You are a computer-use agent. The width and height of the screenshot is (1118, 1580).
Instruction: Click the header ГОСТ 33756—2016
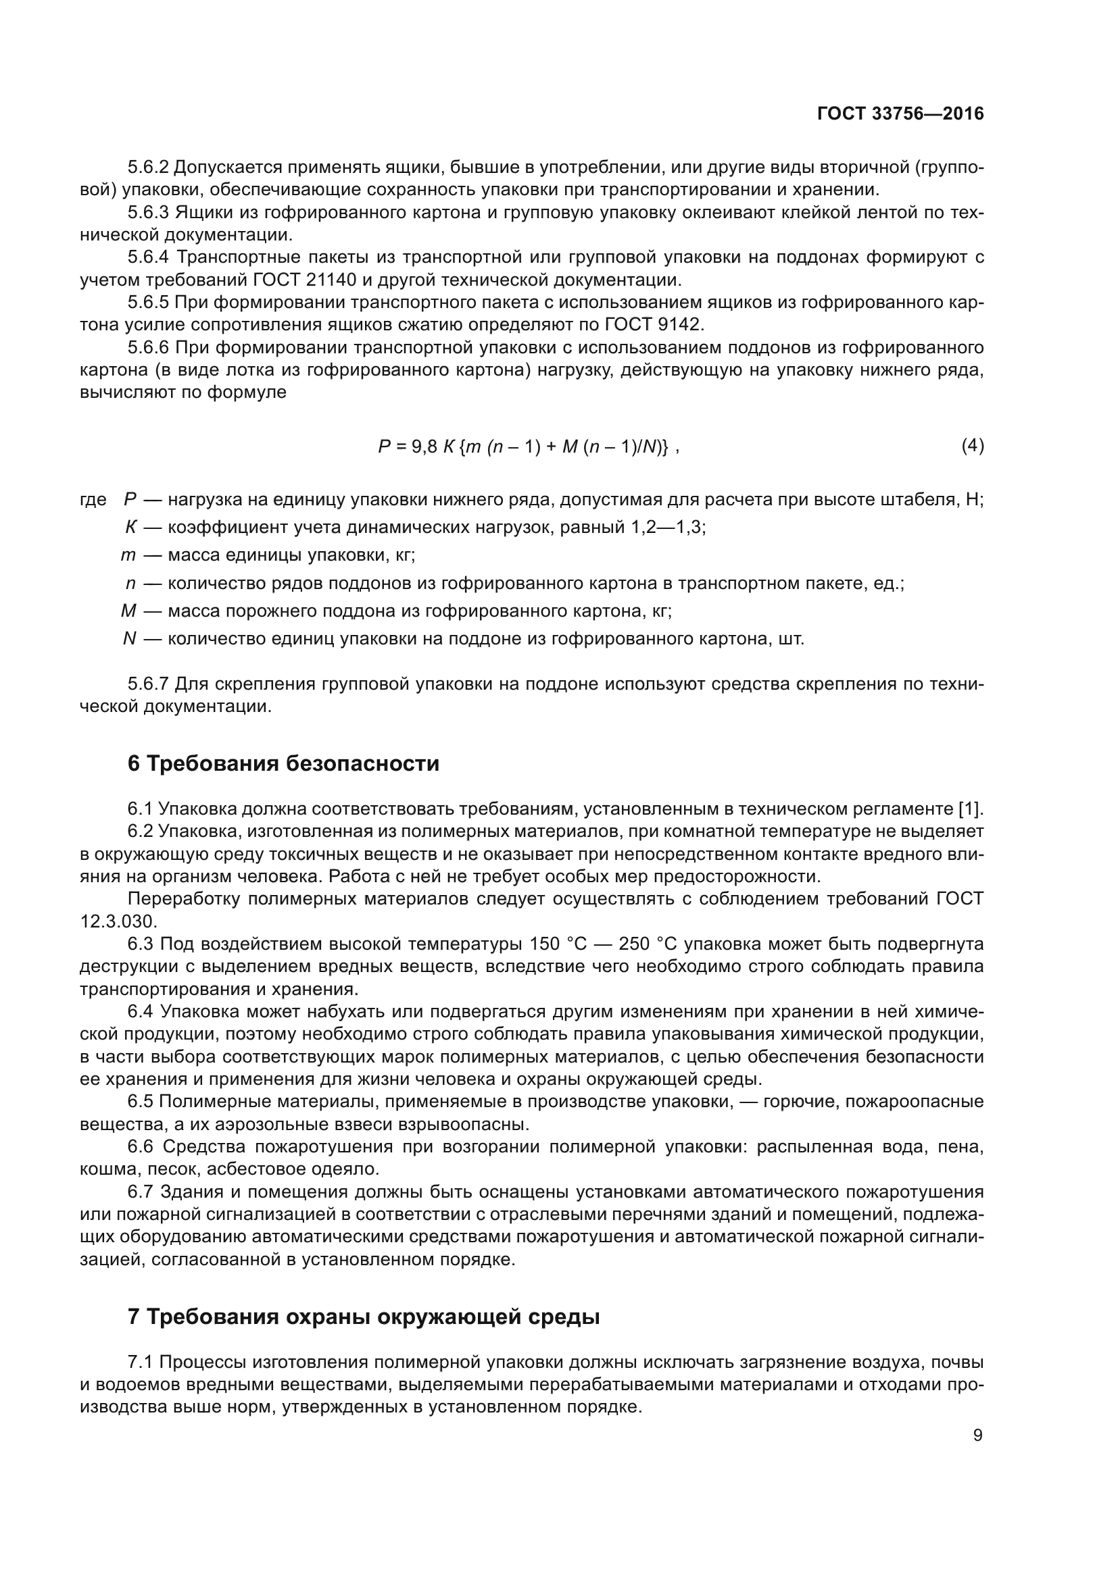[900, 114]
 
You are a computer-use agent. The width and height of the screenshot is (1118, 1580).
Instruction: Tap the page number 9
[977, 1435]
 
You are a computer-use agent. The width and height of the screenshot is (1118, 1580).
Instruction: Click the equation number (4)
[972, 446]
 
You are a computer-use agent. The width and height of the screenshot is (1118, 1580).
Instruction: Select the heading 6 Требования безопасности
[283, 764]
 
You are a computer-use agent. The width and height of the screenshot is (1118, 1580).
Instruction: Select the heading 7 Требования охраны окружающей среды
[364, 1317]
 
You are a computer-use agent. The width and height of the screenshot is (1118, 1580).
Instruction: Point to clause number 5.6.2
[148, 168]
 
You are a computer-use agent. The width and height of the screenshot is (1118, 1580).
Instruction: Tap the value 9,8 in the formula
[424, 447]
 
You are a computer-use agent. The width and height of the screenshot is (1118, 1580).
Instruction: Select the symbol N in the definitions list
[129, 639]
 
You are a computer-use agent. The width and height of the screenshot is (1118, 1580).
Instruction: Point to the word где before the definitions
[93, 500]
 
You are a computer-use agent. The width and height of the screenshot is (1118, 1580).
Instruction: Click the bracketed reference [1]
[971, 809]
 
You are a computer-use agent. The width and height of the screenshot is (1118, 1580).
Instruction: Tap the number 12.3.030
[118, 921]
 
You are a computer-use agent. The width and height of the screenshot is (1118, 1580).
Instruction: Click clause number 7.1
[141, 1362]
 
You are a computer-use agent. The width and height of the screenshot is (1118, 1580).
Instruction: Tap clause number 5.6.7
[148, 684]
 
